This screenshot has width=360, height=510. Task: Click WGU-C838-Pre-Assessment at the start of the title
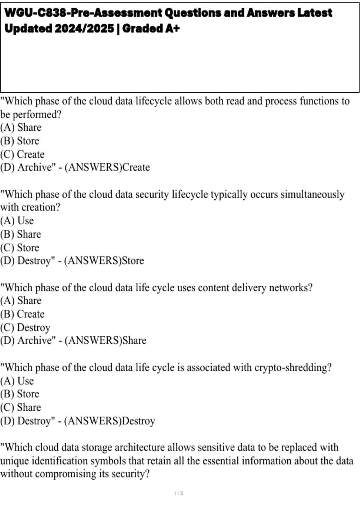(83, 13)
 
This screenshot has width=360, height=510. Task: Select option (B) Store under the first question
(20, 141)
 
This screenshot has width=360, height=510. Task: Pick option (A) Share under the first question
(21, 127)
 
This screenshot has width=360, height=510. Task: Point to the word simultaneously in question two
(312, 194)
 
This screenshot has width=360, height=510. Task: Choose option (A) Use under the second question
(17, 221)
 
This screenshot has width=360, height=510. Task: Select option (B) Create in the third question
(22, 314)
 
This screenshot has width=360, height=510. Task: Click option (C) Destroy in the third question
(25, 327)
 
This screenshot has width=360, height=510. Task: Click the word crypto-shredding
(293, 367)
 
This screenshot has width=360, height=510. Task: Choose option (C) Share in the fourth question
(21, 407)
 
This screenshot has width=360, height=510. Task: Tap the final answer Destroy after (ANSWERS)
(139, 421)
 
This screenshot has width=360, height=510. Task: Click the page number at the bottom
(179, 493)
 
